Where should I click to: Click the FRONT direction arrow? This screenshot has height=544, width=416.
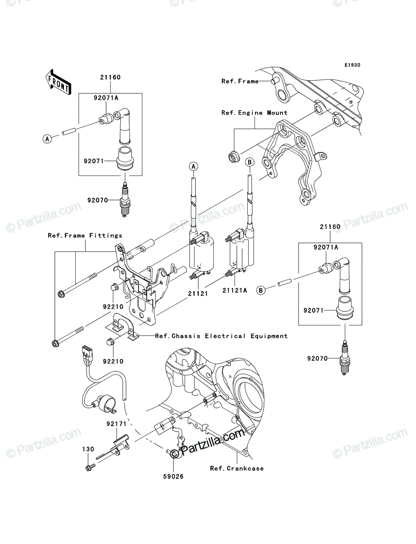tap(58, 82)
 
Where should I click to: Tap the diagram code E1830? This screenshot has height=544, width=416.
tap(352, 65)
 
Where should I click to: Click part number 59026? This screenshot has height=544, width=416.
tap(173, 476)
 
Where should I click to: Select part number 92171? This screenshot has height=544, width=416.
tap(117, 424)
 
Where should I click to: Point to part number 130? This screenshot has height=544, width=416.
tap(88, 449)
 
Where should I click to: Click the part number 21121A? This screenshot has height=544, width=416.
tap(235, 290)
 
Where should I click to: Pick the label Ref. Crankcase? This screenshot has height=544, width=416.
tap(237, 468)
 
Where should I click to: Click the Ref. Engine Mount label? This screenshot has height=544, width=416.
tap(254, 113)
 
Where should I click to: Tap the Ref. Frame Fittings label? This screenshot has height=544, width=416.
tap(85, 235)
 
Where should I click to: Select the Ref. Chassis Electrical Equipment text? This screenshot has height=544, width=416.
tap(221, 336)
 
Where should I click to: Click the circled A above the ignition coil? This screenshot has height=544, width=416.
tap(194, 166)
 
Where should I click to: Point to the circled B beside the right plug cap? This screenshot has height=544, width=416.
tap(260, 290)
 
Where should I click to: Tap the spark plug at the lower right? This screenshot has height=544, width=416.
tap(344, 358)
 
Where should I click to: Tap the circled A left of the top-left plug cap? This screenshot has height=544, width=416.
tap(47, 139)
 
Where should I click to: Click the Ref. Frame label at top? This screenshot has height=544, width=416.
tap(240, 81)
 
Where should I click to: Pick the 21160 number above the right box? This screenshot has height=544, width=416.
tap(330, 227)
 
